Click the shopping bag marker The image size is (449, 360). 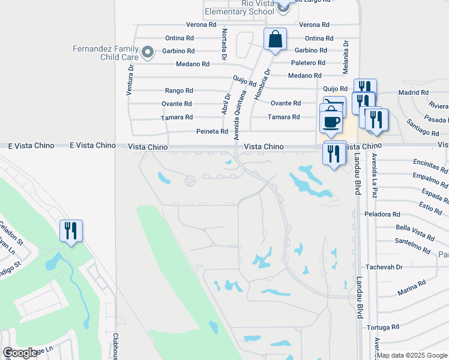[275, 40]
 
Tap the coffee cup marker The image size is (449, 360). [331, 122]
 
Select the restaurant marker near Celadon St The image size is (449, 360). [71, 230]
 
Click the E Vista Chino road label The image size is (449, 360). [92, 145]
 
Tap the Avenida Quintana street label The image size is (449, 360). [241, 116]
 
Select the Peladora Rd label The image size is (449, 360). [382, 214]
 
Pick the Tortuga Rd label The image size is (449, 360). [382, 328]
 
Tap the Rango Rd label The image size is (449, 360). [179, 91]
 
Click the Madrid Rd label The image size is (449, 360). [413, 92]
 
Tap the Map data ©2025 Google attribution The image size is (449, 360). [411, 355]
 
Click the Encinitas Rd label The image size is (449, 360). [430, 166]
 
